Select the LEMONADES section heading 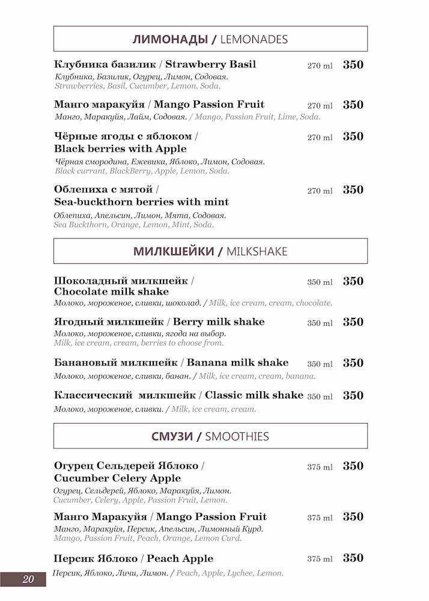point(210,40)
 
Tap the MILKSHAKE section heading point(210,251)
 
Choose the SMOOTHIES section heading point(210,436)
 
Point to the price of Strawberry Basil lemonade point(353,65)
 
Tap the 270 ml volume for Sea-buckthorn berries point(320,191)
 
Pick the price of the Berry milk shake point(353,322)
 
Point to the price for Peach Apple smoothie point(353,558)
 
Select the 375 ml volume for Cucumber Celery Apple point(320,467)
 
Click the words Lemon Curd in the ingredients point(221,538)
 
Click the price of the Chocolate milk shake point(353,281)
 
